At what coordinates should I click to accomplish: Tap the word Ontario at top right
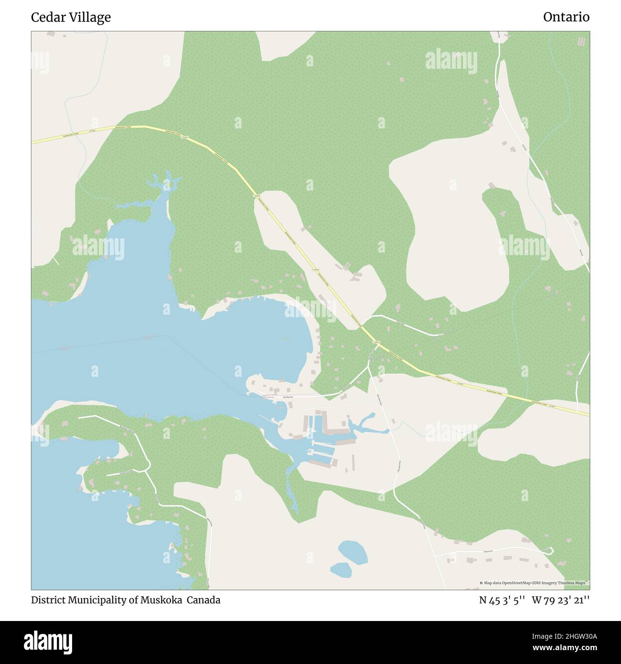566,17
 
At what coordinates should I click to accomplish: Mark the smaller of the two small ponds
340,569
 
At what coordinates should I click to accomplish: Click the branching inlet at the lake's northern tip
164,184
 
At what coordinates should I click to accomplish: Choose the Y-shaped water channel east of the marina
365,424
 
